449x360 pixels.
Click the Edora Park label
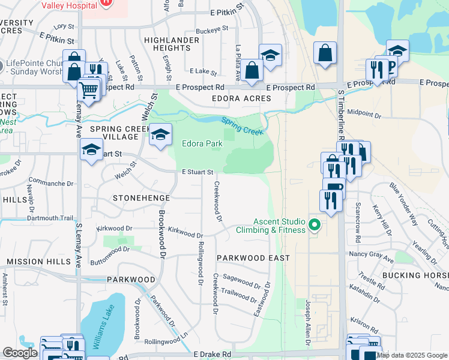click(x=202, y=143)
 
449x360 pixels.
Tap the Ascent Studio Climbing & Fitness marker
click(x=314, y=226)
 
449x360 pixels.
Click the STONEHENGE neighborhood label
click(x=142, y=197)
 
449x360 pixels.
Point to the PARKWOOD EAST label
click(x=245, y=258)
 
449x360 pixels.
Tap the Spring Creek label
click(x=243, y=125)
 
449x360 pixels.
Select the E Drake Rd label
click(x=212, y=355)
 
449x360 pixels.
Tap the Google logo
click(x=19, y=353)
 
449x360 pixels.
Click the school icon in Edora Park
click(x=160, y=134)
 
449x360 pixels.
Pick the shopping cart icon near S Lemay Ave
click(x=88, y=91)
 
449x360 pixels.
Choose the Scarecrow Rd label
click(x=357, y=214)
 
